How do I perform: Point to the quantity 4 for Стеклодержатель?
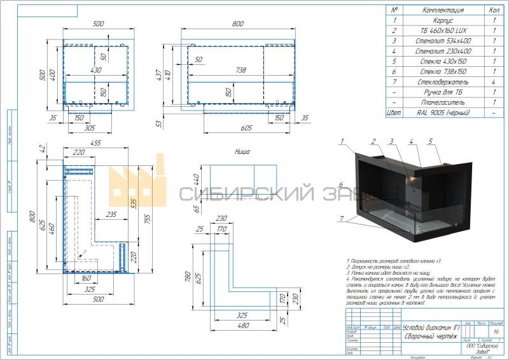(494, 82)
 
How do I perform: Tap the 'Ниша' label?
(242, 152)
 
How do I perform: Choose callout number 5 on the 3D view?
(431, 141)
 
